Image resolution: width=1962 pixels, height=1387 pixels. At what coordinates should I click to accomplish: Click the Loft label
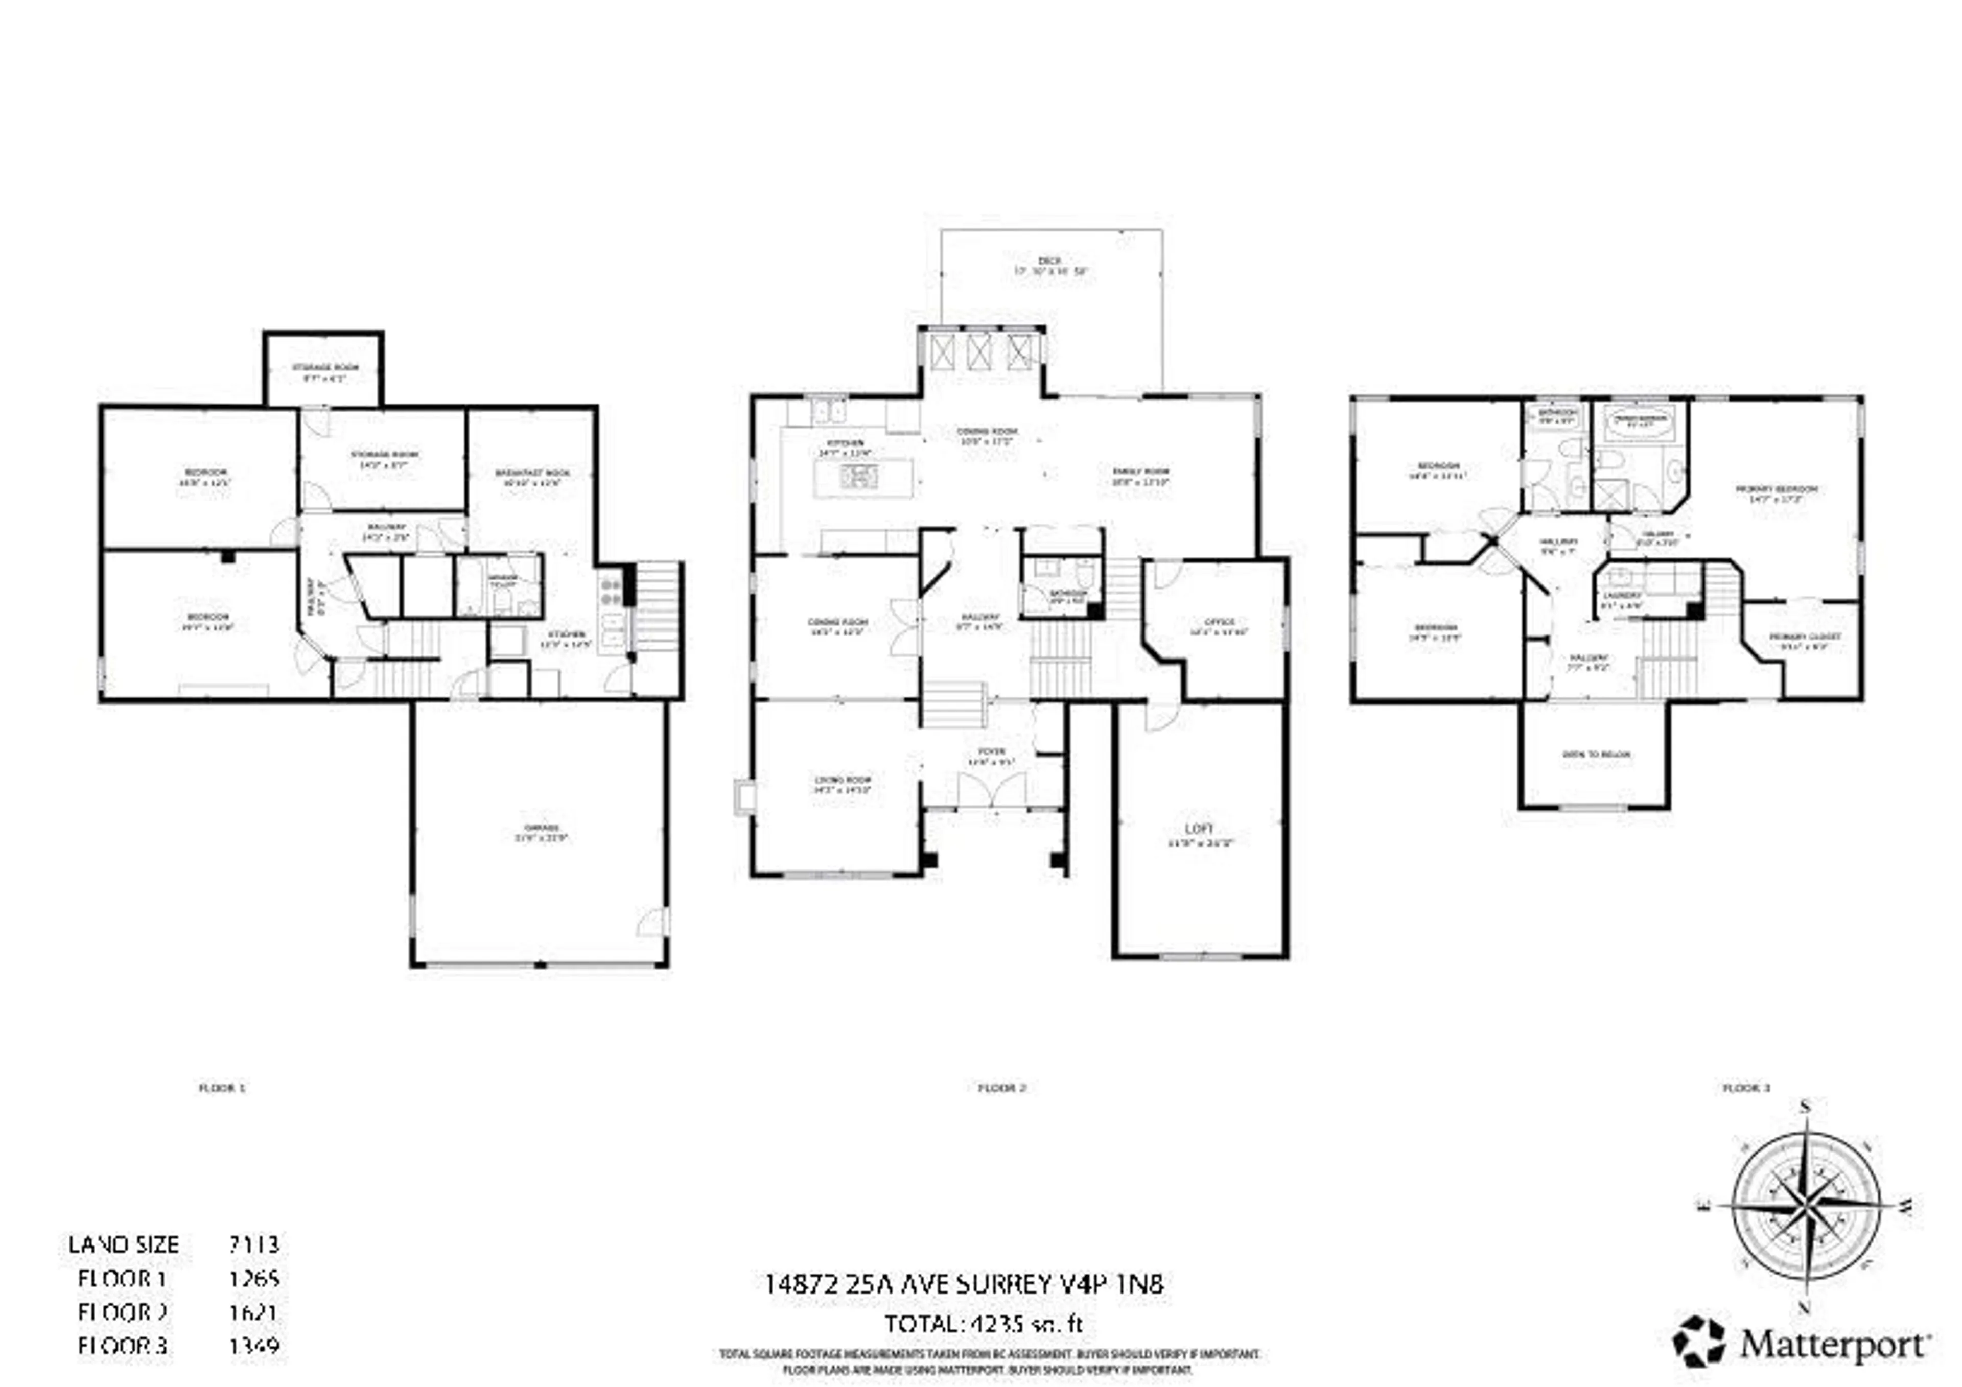(x=1200, y=829)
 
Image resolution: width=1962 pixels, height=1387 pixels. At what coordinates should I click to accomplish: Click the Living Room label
(x=842, y=780)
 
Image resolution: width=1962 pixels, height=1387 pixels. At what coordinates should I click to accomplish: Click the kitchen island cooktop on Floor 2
(x=859, y=477)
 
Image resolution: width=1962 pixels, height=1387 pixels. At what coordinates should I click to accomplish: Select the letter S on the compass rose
(x=1806, y=1108)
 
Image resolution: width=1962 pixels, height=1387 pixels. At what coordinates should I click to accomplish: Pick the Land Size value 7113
(x=254, y=1244)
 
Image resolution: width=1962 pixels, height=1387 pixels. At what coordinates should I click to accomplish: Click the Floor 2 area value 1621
(x=254, y=1312)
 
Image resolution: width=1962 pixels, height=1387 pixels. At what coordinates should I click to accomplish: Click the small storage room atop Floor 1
(x=324, y=369)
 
